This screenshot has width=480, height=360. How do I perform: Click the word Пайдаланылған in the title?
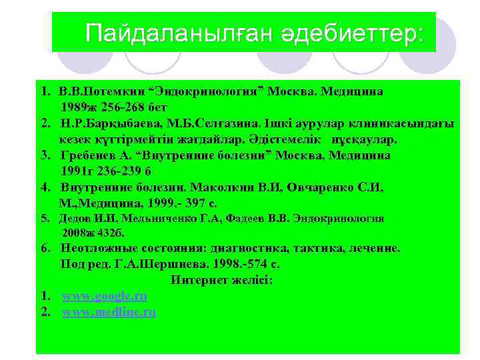(x=175, y=33)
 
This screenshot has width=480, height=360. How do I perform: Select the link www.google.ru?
(x=104, y=296)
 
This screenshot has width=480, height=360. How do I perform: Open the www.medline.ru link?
(x=109, y=311)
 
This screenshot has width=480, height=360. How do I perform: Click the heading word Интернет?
(x=199, y=280)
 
